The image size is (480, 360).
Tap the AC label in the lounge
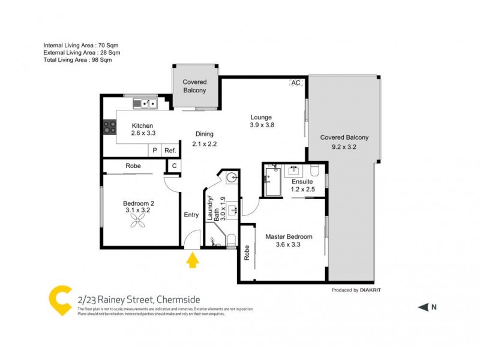coord(295,83)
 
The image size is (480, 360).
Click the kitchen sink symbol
coord(145,104)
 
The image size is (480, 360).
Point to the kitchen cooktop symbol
coord(110,127)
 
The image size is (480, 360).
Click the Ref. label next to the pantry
coord(170,151)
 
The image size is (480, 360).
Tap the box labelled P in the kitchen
coord(155,151)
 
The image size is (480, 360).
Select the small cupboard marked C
coord(173,166)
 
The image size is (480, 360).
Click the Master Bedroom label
coord(289,236)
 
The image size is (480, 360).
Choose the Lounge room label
coord(261,117)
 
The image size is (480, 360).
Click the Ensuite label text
coord(302,182)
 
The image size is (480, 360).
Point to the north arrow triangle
coord(423,307)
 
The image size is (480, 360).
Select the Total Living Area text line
coord(78,60)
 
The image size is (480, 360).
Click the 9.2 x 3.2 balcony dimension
coord(344,146)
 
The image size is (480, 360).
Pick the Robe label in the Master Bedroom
coord(247,253)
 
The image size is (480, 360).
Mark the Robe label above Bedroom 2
coord(133,166)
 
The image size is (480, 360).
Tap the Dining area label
coord(204,134)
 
